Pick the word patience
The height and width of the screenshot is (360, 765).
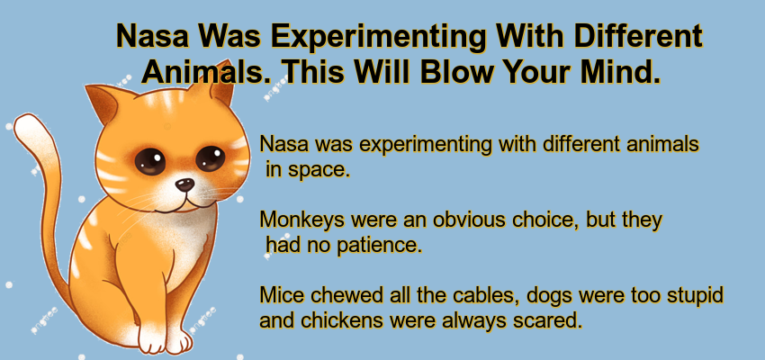tap(373, 245)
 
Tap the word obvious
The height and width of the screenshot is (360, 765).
tap(475, 220)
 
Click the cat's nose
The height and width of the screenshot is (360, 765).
tap(184, 184)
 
